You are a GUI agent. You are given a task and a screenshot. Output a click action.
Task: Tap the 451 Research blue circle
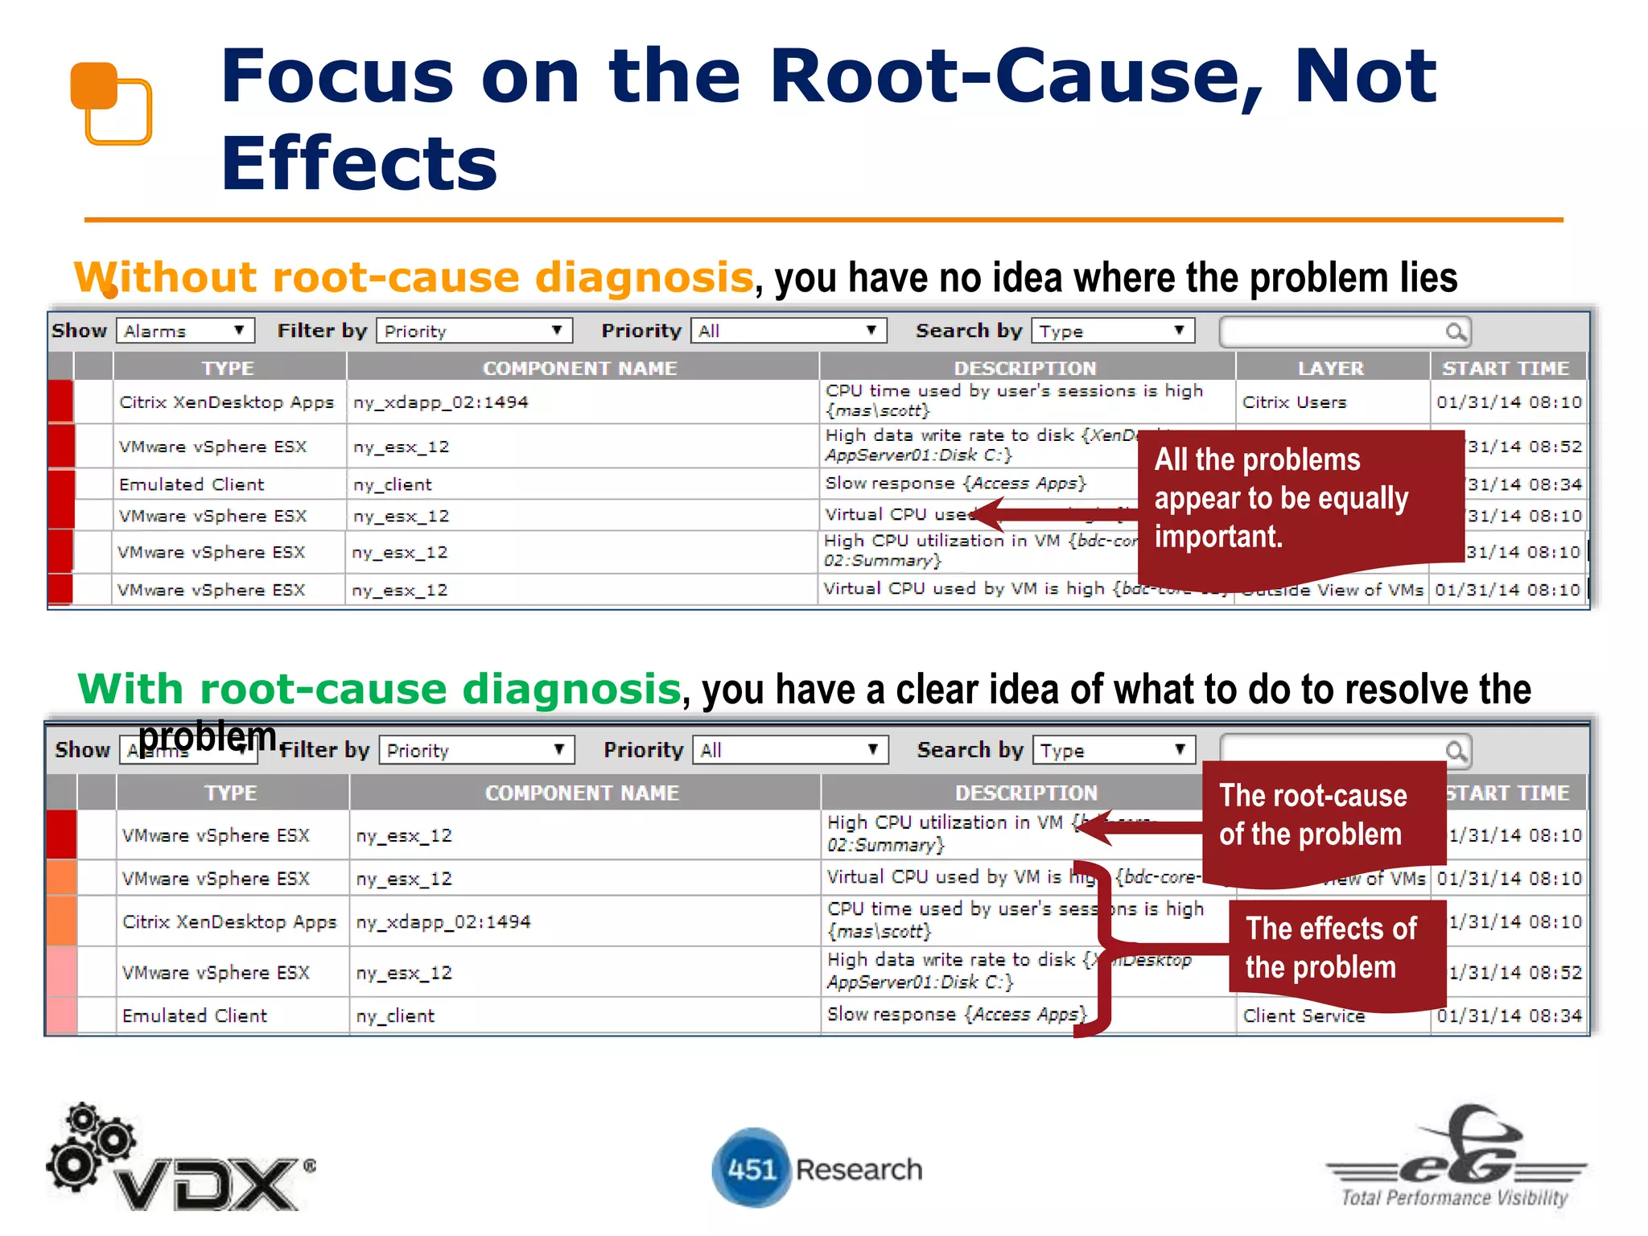click(x=751, y=1168)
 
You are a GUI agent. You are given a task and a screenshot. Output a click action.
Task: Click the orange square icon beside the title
click(x=111, y=103)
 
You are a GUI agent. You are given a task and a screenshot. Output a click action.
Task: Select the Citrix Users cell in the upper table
click(x=1294, y=402)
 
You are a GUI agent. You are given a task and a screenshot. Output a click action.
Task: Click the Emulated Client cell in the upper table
click(x=192, y=484)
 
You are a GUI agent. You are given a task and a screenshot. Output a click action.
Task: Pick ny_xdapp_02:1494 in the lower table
click(x=443, y=922)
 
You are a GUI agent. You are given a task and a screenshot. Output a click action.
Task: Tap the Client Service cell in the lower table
click(x=1304, y=1016)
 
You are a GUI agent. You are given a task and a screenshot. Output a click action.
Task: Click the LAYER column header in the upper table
click(x=1331, y=369)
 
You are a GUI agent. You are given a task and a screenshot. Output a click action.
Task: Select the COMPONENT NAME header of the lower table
click(x=582, y=793)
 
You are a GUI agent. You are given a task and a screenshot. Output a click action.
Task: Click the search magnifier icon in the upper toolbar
click(x=1455, y=332)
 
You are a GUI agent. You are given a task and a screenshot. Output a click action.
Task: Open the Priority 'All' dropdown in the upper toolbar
click(x=788, y=332)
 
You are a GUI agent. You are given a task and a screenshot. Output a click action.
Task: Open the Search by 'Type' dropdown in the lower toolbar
click(x=1114, y=751)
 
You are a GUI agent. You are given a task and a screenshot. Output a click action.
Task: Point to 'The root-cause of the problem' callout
click(x=1313, y=816)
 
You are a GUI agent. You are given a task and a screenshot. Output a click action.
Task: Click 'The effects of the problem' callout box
click(x=1332, y=950)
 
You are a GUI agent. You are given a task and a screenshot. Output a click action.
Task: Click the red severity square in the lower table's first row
click(x=62, y=835)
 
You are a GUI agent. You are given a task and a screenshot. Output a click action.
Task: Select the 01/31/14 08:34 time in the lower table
click(x=1510, y=1016)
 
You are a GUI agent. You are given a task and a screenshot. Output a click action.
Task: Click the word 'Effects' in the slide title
click(x=359, y=164)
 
